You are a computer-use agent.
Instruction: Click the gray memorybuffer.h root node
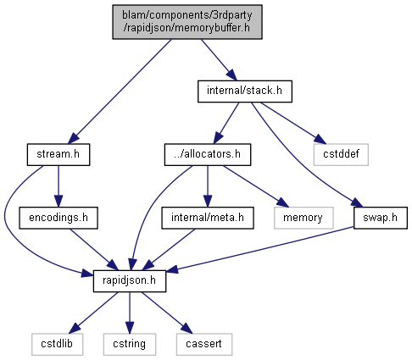pyautogui.click(x=187, y=22)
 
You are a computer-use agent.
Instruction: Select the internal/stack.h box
pyautogui.click(x=245, y=91)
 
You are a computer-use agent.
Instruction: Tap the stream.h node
pyautogui.click(x=58, y=155)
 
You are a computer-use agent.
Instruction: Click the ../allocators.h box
pyautogui.click(x=208, y=155)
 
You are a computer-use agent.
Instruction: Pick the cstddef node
pyautogui.click(x=341, y=155)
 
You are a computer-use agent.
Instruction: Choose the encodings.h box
pyautogui.click(x=58, y=218)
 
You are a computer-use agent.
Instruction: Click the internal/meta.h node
pyautogui.click(x=208, y=218)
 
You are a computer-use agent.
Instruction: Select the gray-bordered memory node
pyautogui.click(x=303, y=218)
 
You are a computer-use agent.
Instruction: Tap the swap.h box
pyautogui.click(x=381, y=218)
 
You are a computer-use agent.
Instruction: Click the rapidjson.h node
pyautogui.click(x=130, y=281)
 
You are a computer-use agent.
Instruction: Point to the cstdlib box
pyautogui.click(x=57, y=345)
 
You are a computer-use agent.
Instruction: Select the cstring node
pyautogui.click(x=130, y=345)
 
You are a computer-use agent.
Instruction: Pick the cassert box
pyautogui.click(x=204, y=345)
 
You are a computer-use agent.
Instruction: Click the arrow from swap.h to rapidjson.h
pyautogui.click(x=260, y=249)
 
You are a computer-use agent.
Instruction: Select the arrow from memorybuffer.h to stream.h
pyautogui.click(x=120, y=91)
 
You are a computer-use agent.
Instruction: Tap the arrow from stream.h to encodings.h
pyautogui.click(x=58, y=186)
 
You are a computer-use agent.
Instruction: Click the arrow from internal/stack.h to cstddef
pyautogui.click(x=293, y=123)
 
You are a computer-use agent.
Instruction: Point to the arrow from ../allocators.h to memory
pyautogui.click(x=255, y=186)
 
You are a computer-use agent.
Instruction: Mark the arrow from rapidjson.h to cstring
pyautogui.click(x=130, y=313)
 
